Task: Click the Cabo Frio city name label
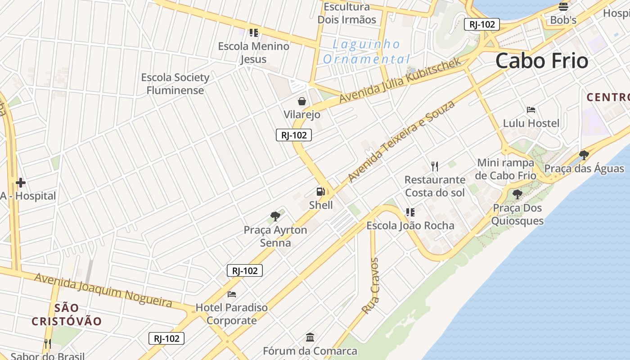[x=542, y=61]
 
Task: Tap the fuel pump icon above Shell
[x=320, y=192]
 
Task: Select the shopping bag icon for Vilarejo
[x=302, y=101]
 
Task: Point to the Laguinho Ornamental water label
[x=366, y=52]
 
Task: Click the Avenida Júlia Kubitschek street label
[x=400, y=80]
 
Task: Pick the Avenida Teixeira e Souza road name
[x=401, y=142]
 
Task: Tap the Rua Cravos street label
[x=370, y=286]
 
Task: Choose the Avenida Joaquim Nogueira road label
[x=103, y=290]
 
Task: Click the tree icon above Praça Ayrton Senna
[x=275, y=216]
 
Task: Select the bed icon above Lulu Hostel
[x=531, y=110]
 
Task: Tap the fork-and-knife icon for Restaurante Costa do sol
[x=434, y=166]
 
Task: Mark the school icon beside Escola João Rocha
[x=410, y=212]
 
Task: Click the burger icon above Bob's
[x=563, y=7]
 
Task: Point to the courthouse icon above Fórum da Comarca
[x=310, y=337]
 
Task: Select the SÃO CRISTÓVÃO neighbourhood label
[x=67, y=315]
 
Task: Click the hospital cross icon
[x=20, y=183]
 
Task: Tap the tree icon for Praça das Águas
[x=584, y=156]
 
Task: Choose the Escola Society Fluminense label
[x=175, y=84]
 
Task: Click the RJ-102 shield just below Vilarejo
[x=293, y=135]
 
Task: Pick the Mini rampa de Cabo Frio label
[x=506, y=169]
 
